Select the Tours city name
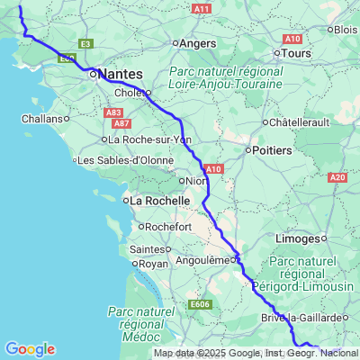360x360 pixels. pos(296,53)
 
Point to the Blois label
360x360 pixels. pos(346,29)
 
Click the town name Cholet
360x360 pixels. pos(128,92)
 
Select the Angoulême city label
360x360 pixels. pos(200,259)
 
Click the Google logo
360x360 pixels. pos(30,349)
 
